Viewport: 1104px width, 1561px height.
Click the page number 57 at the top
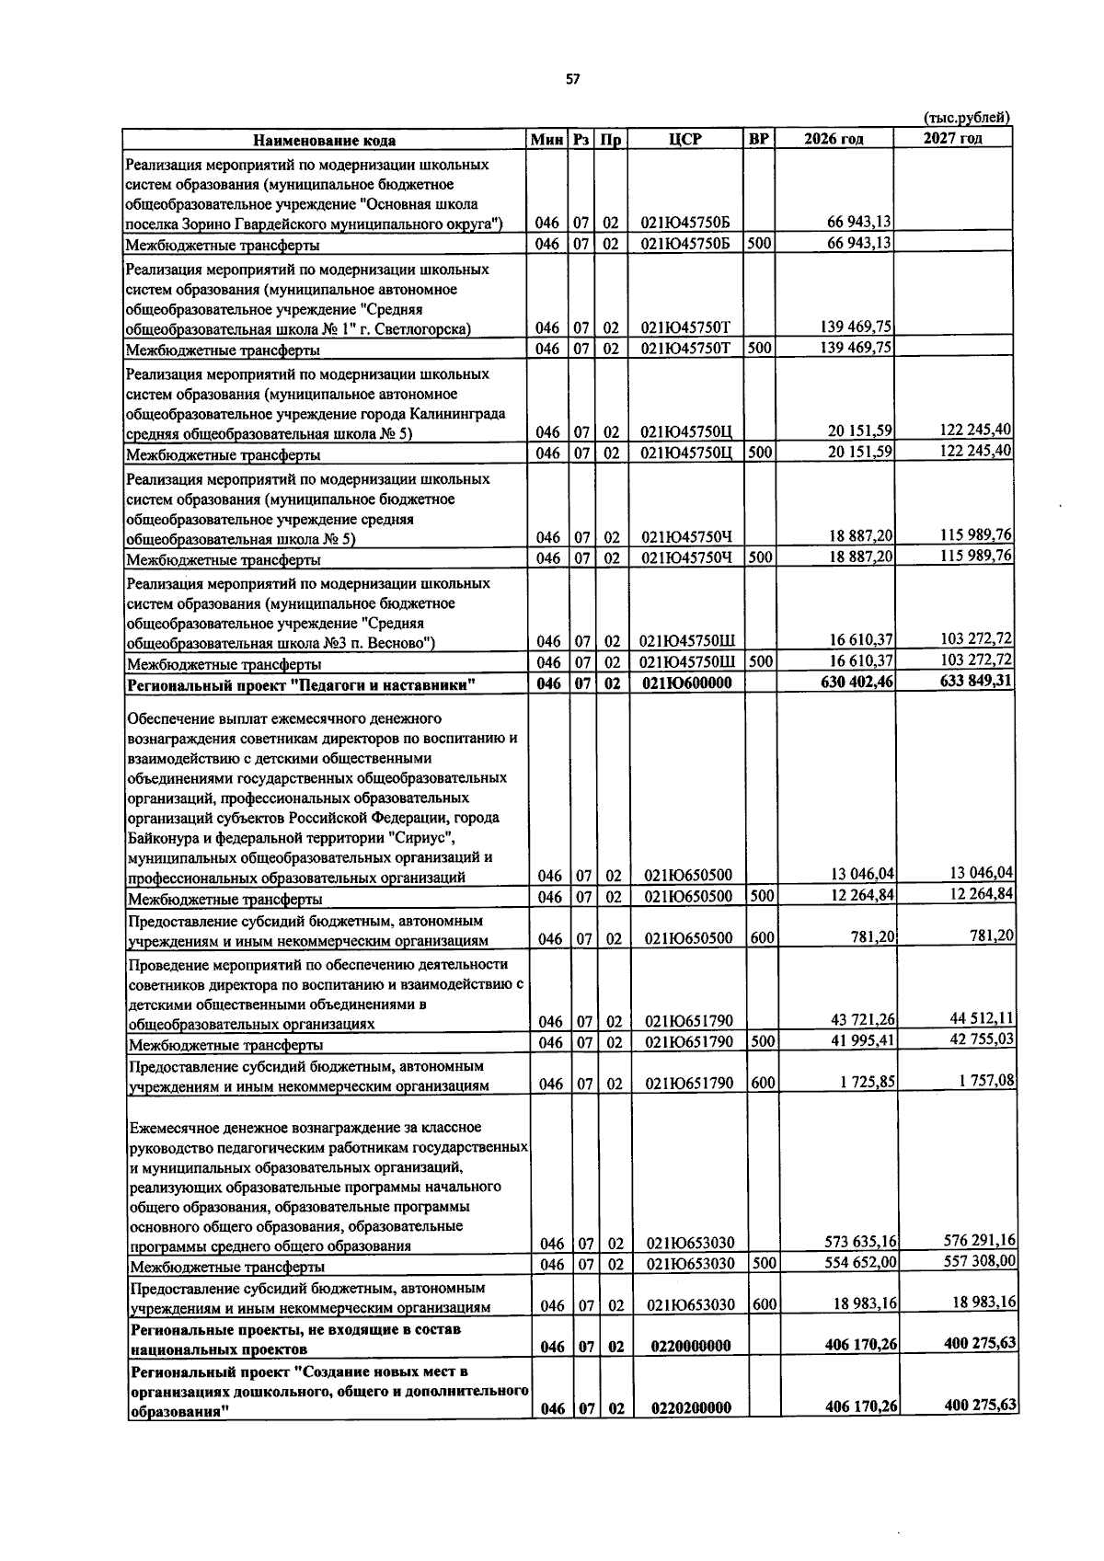(x=572, y=79)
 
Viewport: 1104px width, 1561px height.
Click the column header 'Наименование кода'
(x=325, y=140)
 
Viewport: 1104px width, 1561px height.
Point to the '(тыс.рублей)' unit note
(x=966, y=117)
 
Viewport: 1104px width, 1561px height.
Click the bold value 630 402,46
(x=857, y=683)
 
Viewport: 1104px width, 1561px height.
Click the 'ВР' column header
(x=759, y=139)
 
